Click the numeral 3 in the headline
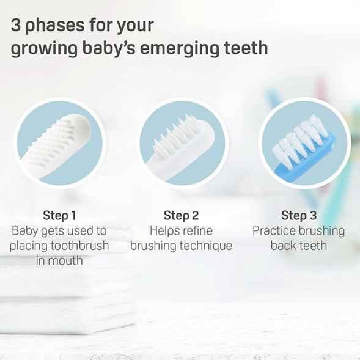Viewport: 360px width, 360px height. click(x=16, y=26)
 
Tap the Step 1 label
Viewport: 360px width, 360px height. click(x=60, y=215)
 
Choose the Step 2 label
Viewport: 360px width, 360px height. click(x=181, y=215)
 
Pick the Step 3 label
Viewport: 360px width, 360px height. click(x=299, y=215)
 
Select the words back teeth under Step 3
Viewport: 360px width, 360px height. click(x=299, y=246)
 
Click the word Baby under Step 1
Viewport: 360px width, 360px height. click(x=25, y=231)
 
